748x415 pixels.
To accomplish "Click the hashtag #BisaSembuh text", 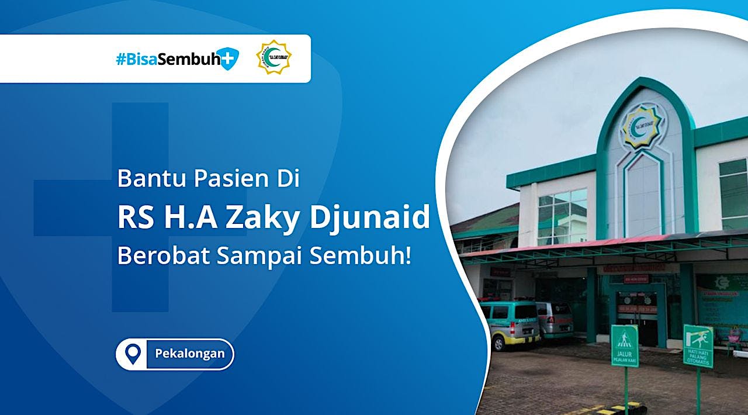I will point(167,59).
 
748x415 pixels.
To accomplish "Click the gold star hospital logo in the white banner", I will point(273,57).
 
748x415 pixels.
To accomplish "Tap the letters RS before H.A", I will point(133,218).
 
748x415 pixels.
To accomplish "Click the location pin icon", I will point(134,354).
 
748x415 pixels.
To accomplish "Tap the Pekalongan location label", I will point(189,354).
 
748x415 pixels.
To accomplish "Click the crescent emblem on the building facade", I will point(640,124).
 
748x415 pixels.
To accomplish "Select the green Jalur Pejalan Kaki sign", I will point(625,345).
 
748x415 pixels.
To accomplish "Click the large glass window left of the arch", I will point(562,217).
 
